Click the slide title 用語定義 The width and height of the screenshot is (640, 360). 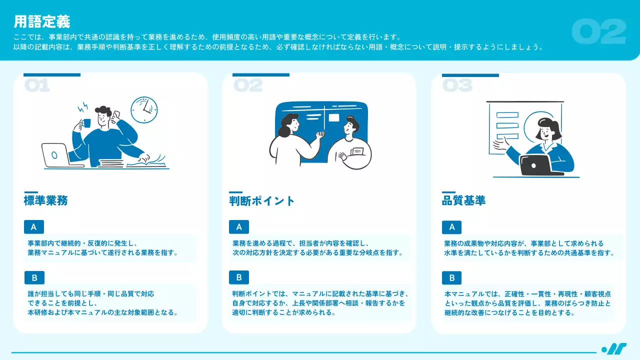[42, 21]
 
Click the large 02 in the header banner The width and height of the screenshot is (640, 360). [599, 31]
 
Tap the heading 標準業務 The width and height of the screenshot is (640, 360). [45, 200]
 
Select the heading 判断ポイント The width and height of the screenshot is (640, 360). [261, 201]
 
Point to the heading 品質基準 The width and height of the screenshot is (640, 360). [463, 200]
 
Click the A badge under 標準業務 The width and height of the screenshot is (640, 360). [34, 227]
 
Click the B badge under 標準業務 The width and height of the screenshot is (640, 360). [34, 277]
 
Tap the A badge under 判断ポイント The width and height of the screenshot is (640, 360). [239, 227]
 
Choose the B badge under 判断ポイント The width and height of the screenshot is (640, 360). [239, 277]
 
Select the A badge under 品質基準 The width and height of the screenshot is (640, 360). [451, 227]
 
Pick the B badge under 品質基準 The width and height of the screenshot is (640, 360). [451, 277]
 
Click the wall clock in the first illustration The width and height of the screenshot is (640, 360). [144, 109]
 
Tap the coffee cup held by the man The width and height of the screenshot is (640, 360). [86, 123]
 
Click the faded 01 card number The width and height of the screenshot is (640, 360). [37, 85]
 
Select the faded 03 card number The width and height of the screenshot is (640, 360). [457, 85]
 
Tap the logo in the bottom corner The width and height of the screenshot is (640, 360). [614, 349]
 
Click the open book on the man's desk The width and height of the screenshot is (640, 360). [146, 162]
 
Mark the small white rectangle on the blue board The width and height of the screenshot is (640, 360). [333, 117]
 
